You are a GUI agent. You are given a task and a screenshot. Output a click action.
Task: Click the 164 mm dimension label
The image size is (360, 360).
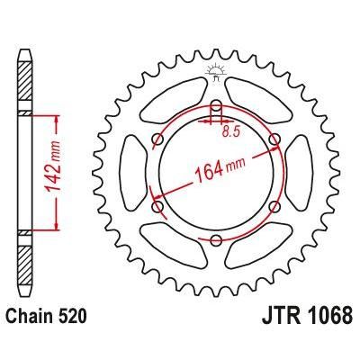[220, 169]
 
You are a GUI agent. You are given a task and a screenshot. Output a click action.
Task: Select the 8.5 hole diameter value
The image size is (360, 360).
[231, 131]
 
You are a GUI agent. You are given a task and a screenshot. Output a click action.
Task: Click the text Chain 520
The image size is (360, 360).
[47, 316]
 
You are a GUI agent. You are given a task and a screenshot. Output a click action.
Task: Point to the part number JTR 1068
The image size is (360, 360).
[306, 316]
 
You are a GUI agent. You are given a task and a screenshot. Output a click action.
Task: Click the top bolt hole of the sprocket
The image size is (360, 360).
[216, 105]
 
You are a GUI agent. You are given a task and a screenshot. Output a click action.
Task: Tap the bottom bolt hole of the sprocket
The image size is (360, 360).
[216, 240]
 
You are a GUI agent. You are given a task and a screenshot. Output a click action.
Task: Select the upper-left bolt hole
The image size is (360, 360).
[157, 139]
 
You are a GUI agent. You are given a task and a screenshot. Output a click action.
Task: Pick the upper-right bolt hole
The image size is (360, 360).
[274, 139]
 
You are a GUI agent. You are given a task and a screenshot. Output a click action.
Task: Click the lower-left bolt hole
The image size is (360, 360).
[157, 206]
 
